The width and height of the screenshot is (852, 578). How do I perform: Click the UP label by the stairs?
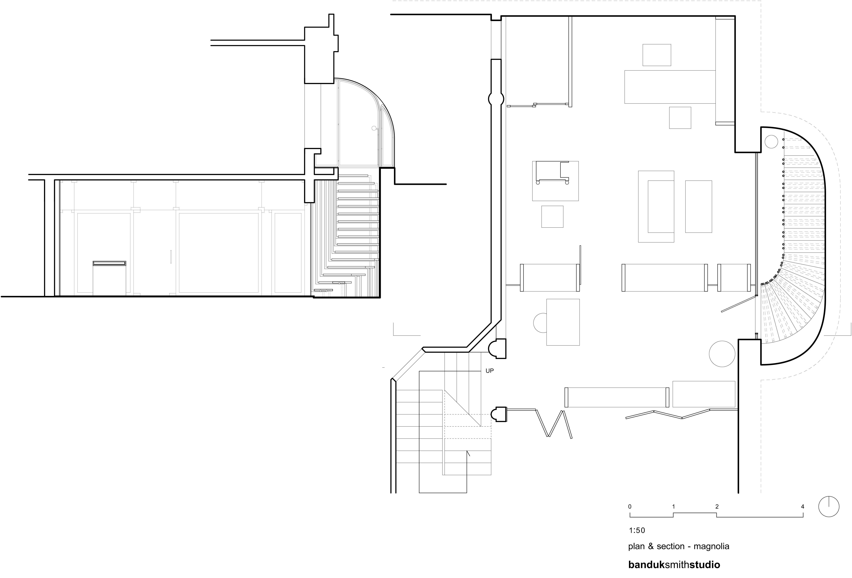click(489, 371)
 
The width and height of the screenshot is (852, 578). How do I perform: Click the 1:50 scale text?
click(637, 530)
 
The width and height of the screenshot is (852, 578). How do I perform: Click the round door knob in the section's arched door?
click(374, 128)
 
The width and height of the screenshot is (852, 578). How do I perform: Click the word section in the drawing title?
click(671, 546)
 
